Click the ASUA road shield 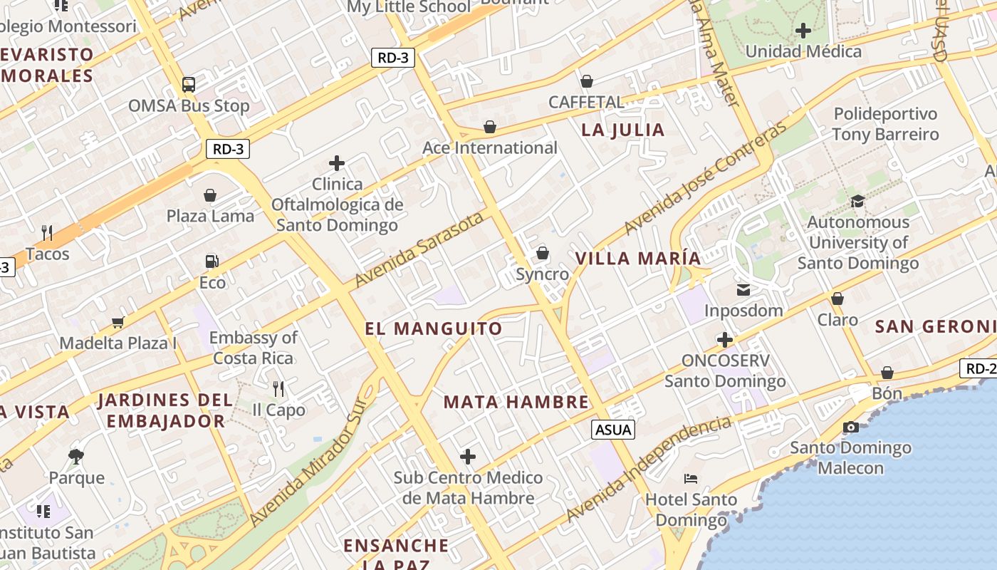tap(612, 430)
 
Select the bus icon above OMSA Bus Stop tap(189, 85)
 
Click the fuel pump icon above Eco tap(212, 261)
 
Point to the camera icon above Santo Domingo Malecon tap(850, 427)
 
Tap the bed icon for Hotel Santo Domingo tap(690, 478)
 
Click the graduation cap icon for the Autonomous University tap(857, 201)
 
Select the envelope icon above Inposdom tap(743, 290)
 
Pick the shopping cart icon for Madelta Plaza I tap(118, 322)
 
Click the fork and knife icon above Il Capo tap(278, 389)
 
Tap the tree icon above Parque tap(76, 456)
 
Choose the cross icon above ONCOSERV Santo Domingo tap(725, 340)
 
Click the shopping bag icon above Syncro tap(543, 253)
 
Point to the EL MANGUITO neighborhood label tap(434, 328)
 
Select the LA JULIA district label tap(623, 130)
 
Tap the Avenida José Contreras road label tap(706, 178)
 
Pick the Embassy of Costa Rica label tap(253, 347)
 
